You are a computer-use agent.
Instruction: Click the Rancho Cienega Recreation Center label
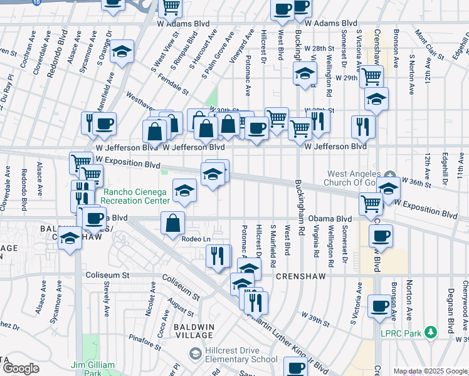pyautogui.click(x=136, y=196)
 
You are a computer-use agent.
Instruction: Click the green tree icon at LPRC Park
pyautogui.click(x=430, y=333)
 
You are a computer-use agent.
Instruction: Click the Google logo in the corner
pyautogui.click(x=21, y=368)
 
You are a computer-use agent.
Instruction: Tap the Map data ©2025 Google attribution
pyautogui.click(x=430, y=372)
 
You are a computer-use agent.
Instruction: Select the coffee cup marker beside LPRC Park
pyautogui.click(x=379, y=306)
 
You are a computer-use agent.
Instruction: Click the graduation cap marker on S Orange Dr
pyautogui.click(x=122, y=52)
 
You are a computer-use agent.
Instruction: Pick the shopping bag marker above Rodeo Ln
pyautogui.click(x=172, y=223)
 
